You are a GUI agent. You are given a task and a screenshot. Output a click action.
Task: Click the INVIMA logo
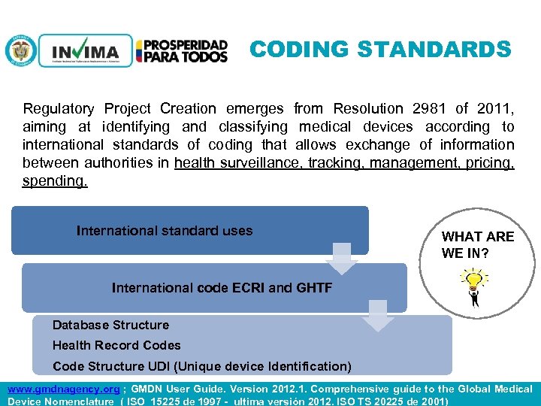pyautogui.click(x=84, y=51)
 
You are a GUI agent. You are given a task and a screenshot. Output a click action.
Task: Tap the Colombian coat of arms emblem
pyautogui.click(x=20, y=51)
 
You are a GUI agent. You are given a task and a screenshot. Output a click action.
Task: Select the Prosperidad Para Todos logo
pyautogui.click(x=186, y=51)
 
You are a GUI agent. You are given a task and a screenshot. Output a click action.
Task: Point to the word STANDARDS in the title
pyautogui.click(x=435, y=50)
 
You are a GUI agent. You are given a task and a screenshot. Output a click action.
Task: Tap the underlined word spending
pyautogui.click(x=55, y=181)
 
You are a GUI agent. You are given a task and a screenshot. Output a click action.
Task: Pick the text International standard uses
pyautogui.click(x=165, y=231)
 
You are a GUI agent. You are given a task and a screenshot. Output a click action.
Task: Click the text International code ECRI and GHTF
pyautogui.click(x=222, y=287)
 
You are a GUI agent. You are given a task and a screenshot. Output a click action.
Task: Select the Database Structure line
pyautogui.click(x=110, y=325)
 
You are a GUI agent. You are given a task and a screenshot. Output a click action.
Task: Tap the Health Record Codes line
pyautogui.click(x=116, y=345)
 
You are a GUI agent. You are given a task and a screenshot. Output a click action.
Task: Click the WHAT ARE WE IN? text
pyautogui.click(x=477, y=244)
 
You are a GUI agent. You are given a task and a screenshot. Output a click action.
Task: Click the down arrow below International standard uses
pyautogui.click(x=343, y=259)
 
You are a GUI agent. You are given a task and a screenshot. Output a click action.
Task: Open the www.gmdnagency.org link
pyautogui.click(x=63, y=389)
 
